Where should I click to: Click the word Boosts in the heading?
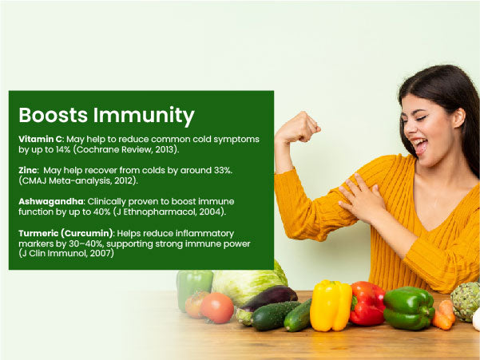[x=54, y=115]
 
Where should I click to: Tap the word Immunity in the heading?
[x=144, y=116]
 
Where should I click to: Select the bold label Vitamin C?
[x=41, y=139]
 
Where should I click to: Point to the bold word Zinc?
[x=28, y=170]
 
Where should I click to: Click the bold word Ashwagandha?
[x=51, y=202]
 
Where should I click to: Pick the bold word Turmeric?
[x=38, y=233]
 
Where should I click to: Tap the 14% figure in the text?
[x=63, y=149]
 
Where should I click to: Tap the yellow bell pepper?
[x=331, y=306]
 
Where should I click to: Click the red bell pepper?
[x=367, y=303]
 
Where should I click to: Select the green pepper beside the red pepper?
[x=409, y=307]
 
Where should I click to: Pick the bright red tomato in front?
[x=217, y=307]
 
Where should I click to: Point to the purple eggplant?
[x=269, y=297]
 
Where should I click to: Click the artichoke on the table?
[x=466, y=302]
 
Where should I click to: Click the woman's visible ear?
[x=459, y=117]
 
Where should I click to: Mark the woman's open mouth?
[x=420, y=145]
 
